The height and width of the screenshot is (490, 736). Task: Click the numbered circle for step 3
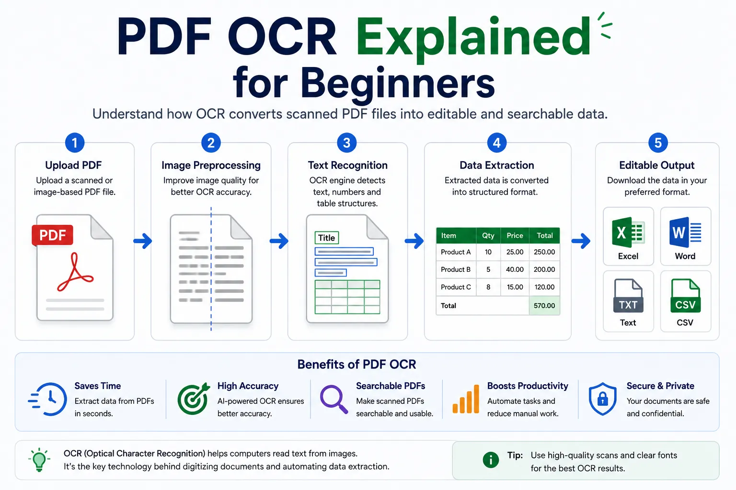click(x=346, y=143)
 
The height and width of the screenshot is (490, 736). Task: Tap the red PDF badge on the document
click(x=53, y=235)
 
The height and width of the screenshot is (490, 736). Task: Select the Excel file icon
click(x=628, y=232)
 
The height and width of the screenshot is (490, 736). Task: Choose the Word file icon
click(x=685, y=232)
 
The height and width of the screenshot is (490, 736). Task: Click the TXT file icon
click(x=628, y=295)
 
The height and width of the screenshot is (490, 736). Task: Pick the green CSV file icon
click(x=685, y=295)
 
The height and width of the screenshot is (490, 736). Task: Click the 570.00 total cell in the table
click(x=544, y=306)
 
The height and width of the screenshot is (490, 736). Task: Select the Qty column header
click(x=488, y=235)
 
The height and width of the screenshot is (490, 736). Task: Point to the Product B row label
click(x=456, y=269)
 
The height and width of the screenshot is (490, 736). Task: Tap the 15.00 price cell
click(x=515, y=287)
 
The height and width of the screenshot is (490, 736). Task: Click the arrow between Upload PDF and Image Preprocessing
click(x=143, y=241)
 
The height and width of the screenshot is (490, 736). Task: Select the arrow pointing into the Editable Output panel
click(x=581, y=241)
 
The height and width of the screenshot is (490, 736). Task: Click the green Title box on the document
click(x=327, y=238)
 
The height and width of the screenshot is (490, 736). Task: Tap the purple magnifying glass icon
click(x=334, y=399)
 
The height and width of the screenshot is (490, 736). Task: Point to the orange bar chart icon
click(x=466, y=399)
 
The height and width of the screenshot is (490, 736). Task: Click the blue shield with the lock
click(x=603, y=399)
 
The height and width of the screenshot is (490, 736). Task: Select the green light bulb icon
click(x=39, y=460)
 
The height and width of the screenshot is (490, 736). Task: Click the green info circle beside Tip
click(x=491, y=460)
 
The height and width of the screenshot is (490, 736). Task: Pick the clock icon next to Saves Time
click(x=48, y=399)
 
